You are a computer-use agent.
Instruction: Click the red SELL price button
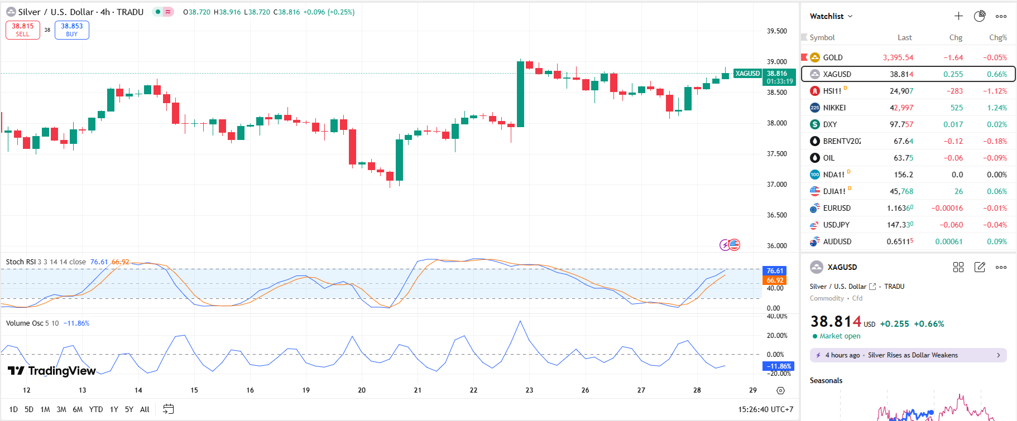click(23, 30)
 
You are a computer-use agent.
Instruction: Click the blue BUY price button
click(72, 30)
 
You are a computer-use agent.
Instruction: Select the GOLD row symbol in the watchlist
click(833, 57)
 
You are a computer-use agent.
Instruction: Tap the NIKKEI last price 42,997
click(901, 108)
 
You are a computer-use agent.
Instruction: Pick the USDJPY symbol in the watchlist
click(836, 225)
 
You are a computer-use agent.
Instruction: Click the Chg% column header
click(997, 38)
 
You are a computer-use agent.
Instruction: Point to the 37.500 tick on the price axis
click(776, 154)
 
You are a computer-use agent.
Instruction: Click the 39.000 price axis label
click(776, 62)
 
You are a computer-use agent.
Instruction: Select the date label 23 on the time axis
click(529, 390)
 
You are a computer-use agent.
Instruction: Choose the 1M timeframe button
click(45, 409)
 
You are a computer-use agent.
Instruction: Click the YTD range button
click(96, 409)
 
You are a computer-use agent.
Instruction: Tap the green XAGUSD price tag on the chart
click(747, 74)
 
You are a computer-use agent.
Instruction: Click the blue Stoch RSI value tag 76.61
click(775, 271)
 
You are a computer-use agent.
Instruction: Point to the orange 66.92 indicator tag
click(775, 280)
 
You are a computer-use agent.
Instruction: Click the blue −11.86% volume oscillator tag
click(778, 366)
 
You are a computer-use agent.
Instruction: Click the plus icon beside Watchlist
click(958, 16)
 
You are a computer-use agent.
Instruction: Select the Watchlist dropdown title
click(831, 16)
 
